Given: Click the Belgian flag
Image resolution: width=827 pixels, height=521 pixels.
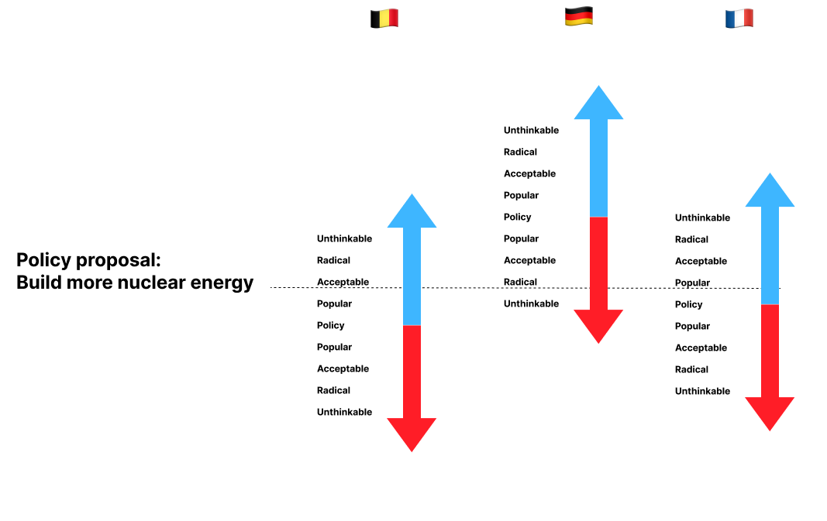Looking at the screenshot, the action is pos(384,18).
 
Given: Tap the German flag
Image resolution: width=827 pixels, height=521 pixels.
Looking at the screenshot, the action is pos(579,16).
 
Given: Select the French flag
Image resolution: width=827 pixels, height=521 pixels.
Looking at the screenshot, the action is pos(739,19).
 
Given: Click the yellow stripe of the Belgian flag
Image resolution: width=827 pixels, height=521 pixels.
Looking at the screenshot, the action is pos(385,18).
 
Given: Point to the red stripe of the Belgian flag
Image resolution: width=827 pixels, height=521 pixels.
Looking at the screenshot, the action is pos(394,17).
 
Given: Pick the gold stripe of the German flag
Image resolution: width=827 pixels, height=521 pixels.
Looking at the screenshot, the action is pos(579,22).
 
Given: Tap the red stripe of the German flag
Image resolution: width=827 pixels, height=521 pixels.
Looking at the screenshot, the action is pos(579,16).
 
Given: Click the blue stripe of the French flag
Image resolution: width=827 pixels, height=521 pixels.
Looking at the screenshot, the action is pos(730,19).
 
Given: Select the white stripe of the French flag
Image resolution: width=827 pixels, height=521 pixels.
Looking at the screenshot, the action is pos(739,19).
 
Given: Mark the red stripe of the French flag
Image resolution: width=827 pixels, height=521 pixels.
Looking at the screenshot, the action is pos(748,17).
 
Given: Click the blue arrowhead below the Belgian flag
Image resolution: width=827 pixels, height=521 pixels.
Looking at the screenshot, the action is pos(412,214).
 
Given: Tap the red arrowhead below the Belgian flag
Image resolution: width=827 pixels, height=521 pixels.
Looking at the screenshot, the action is pos(412,433).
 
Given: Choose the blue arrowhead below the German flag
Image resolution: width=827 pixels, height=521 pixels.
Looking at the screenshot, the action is pos(598,105).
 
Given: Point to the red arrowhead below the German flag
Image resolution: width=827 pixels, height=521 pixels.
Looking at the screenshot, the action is pos(598,324).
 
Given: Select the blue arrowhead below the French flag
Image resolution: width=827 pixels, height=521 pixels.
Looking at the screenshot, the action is pos(770,193).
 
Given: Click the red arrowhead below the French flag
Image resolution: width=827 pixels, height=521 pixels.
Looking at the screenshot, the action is pos(770,412).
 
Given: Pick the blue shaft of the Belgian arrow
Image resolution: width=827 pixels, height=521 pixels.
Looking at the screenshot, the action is pos(412,276).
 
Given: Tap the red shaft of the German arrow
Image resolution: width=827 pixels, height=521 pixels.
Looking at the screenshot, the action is pos(598,263).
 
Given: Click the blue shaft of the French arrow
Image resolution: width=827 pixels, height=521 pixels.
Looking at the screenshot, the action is pos(770,255).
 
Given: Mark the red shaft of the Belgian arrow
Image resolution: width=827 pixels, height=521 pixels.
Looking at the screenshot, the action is pos(412,372).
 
